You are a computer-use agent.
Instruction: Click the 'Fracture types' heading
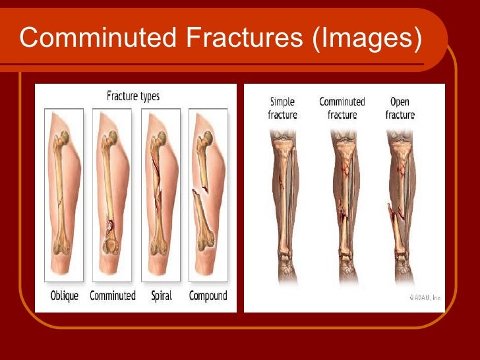coord(133,97)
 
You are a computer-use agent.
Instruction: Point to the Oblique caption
coord(65,296)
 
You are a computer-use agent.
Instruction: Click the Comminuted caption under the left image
coord(113,296)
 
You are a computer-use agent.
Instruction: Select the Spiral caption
coord(162,296)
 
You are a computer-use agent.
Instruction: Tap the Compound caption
coord(208,296)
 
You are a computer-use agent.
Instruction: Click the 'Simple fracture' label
coord(282,108)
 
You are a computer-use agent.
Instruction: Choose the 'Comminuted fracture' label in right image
coord(342,108)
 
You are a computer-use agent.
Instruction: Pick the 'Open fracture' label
coord(400,108)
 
